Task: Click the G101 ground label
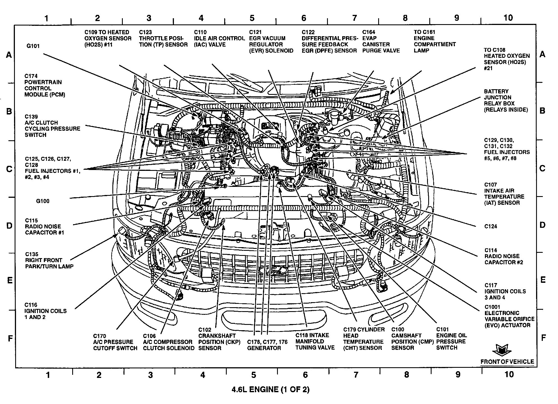pyautogui.click(x=33, y=46)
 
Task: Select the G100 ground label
pyautogui.click(x=43, y=201)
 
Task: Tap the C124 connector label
pyautogui.click(x=491, y=226)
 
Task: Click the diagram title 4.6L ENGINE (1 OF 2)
pyautogui.click(x=270, y=389)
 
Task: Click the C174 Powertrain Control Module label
pyautogui.click(x=44, y=85)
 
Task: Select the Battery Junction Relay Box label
pyautogui.click(x=505, y=100)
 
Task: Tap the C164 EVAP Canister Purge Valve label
pyautogui.click(x=381, y=42)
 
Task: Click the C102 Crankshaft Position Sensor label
pyautogui.click(x=217, y=339)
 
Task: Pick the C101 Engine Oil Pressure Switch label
pyautogui.click(x=451, y=339)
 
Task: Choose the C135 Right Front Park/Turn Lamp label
pyautogui.click(x=49, y=260)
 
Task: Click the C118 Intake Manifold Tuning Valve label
pyautogui.click(x=315, y=341)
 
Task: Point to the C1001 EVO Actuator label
pyautogui.click(x=509, y=316)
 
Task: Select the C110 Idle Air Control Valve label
pyautogui.click(x=219, y=38)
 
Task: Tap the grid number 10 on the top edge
pyautogui.click(x=508, y=18)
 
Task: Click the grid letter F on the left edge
pyautogui.click(x=10, y=338)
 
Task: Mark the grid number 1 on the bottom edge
pyautogui.click(x=48, y=375)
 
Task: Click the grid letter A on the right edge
pyautogui.click(x=542, y=54)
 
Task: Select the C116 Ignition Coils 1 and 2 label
pyautogui.click(x=46, y=311)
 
